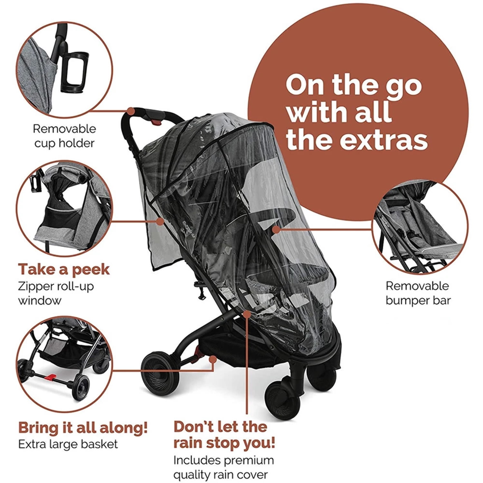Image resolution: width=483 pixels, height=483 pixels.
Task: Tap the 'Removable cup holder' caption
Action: click(x=64, y=136)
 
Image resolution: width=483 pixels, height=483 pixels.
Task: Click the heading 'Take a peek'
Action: click(x=64, y=270)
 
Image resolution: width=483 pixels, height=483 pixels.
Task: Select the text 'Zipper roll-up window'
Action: click(x=56, y=293)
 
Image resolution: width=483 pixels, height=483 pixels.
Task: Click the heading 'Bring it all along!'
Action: click(x=83, y=428)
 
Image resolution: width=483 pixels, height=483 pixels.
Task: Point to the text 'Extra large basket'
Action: click(x=68, y=444)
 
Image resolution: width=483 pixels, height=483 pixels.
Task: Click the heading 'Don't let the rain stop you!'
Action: click(x=224, y=435)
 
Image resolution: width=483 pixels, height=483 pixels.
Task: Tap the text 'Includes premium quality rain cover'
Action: click(x=223, y=467)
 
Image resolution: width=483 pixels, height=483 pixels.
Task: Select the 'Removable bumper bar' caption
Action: click(x=418, y=293)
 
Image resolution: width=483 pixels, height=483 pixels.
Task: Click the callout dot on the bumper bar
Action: click(x=276, y=230)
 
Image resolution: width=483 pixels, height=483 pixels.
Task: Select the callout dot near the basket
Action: click(x=212, y=359)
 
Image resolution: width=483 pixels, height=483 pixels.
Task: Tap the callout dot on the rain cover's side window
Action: click(x=160, y=221)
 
